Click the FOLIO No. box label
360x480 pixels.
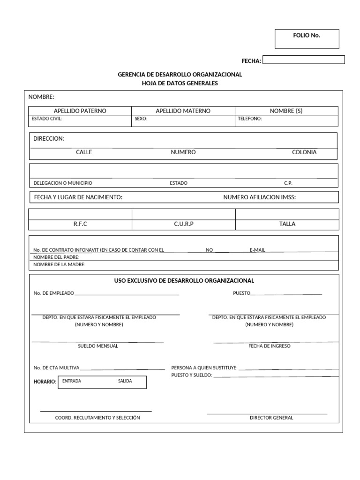click(x=307, y=36)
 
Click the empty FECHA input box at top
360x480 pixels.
click(x=303, y=60)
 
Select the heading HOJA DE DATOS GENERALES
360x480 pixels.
click(x=180, y=83)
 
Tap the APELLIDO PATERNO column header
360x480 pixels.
click(x=80, y=111)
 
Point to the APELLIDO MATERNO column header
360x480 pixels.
click(x=183, y=111)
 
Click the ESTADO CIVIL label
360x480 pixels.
click(x=47, y=119)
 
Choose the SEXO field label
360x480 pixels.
click(x=141, y=119)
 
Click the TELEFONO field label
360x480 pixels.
click(x=250, y=119)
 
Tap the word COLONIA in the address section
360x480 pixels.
click(x=304, y=152)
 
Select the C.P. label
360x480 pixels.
click(x=288, y=183)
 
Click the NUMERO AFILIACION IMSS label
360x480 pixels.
click(x=260, y=197)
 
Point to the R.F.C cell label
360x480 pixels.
click(x=80, y=224)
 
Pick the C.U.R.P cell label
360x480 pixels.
click(x=184, y=224)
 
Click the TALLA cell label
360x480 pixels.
click(x=287, y=224)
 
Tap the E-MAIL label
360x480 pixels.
click(x=257, y=250)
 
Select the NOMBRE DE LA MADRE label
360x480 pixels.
click(x=60, y=265)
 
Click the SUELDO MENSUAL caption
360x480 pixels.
click(x=98, y=346)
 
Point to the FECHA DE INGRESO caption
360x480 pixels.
click(x=270, y=346)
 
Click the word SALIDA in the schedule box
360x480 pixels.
click(x=125, y=381)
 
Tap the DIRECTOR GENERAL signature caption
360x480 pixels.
click(x=271, y=418)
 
